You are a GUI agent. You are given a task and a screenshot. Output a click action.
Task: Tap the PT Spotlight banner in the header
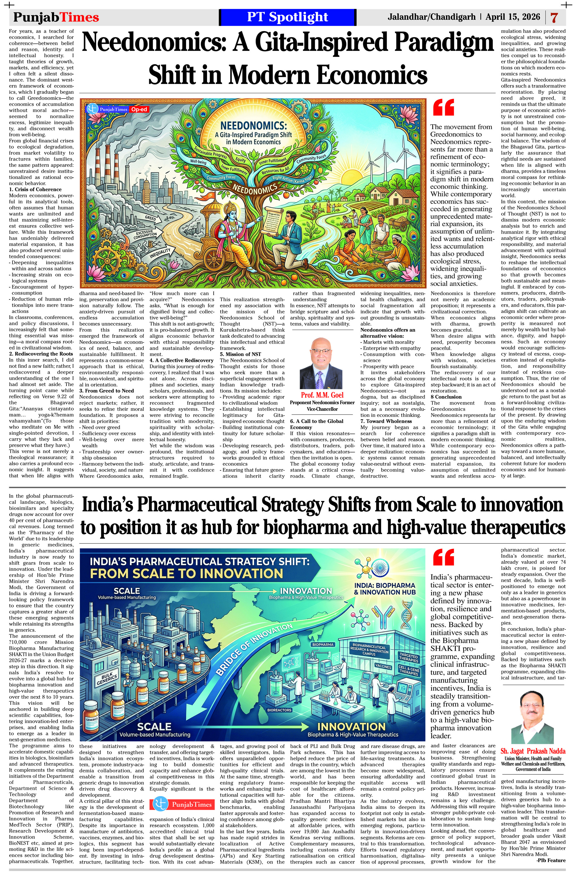tap(287, 17)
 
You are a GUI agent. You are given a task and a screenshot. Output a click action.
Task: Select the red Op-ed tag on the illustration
tap(139, 109)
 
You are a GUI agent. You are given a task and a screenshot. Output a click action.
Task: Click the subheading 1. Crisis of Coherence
tap(35, 189)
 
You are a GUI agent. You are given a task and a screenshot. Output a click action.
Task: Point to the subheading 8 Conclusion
tap(446, 397)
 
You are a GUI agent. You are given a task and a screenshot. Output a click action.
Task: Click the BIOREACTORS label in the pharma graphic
tap(279, 710)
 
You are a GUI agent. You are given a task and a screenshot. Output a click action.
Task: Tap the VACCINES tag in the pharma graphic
tap(383, 666)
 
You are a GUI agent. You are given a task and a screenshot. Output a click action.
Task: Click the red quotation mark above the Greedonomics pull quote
tap(443, 107)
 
